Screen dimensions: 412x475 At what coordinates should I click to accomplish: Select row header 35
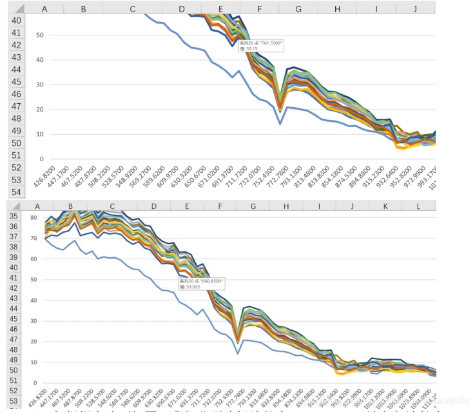point(14,217)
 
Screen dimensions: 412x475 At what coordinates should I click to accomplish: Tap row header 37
point(14,237)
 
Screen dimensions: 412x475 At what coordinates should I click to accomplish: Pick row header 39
point(14,258)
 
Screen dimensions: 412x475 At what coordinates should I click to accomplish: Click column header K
point(385,206)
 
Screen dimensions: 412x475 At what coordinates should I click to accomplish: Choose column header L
point(419,206)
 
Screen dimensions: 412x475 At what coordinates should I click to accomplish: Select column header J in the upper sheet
point(416,9)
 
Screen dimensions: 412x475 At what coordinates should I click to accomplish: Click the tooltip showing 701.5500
point(261,46)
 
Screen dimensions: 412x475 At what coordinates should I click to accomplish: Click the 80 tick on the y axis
point(34,217)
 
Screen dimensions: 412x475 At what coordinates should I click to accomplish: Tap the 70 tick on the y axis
point(34,238)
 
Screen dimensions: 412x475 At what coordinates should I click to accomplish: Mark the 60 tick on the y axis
point(34,259)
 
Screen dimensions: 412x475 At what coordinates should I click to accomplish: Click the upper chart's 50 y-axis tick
point(40,35)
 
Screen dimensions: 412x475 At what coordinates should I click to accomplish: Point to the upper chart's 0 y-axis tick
point(42,159)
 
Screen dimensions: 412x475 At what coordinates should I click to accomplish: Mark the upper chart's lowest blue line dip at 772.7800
point(280,123)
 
